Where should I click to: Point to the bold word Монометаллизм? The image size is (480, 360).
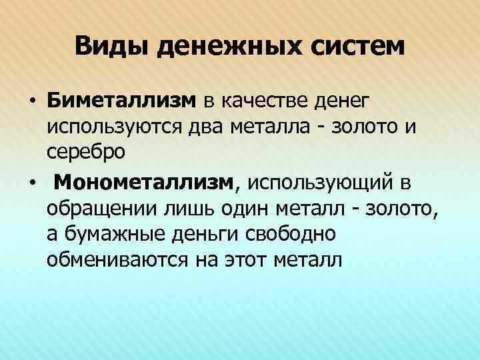(144, 181)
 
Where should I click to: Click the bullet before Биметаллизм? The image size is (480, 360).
(31, 101)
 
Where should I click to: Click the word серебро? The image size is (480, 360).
(86, 152)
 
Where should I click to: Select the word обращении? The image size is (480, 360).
(102, 207)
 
